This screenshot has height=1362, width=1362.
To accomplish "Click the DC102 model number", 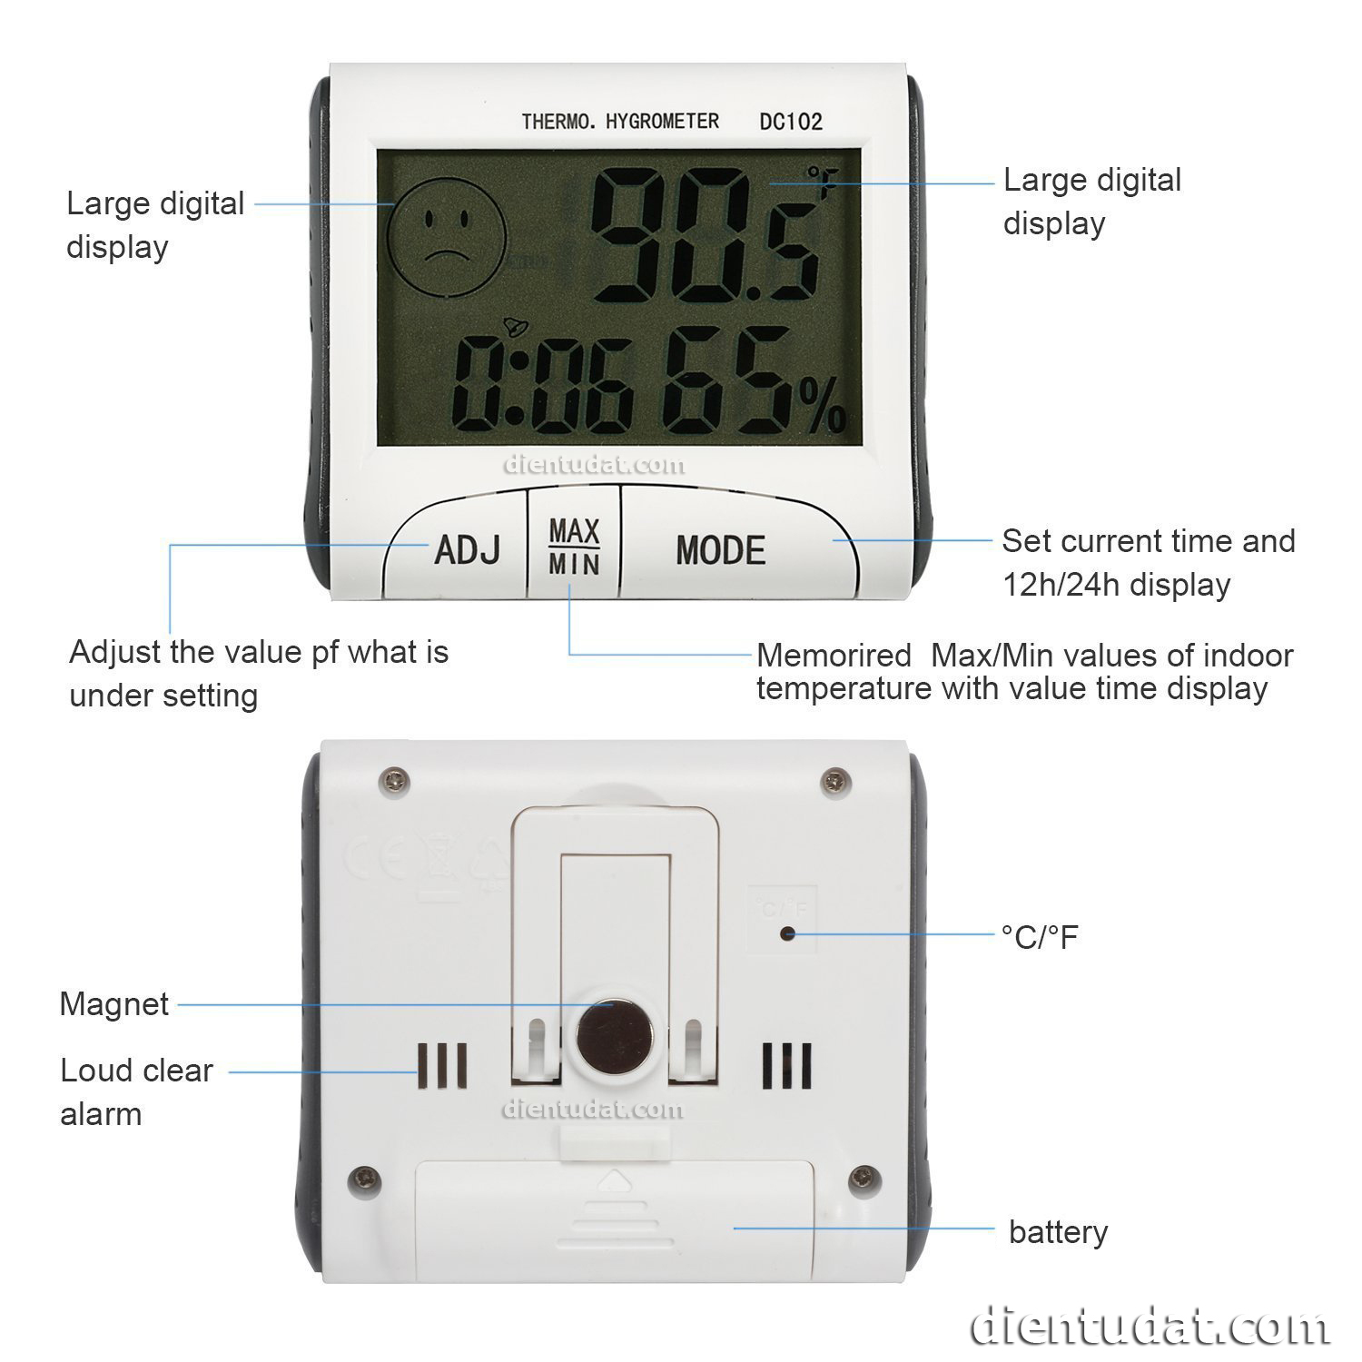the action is (x=791, y=122).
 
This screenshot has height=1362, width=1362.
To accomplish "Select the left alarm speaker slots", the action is (x=442, y=1065).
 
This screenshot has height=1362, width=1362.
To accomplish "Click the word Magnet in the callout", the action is (x=114, y=1004).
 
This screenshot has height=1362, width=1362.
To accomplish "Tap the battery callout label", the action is (x=1058, y=1232).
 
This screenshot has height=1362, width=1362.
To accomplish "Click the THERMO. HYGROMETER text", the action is (x=620, y=122).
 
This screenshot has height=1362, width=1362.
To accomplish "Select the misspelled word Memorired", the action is (x=834, y=655).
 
